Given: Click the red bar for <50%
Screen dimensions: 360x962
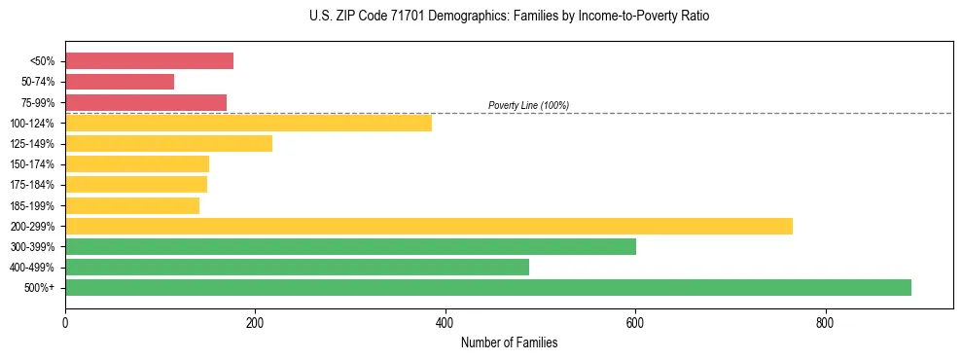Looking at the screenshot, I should (x=149, y=61).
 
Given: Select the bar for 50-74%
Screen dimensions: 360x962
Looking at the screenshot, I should (x=120, y=82).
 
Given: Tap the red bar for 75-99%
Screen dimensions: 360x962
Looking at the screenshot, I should (x=146, y=102).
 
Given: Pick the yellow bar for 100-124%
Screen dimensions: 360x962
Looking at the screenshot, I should (x=248, y=123).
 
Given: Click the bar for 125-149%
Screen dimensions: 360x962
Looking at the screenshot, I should (x=168, y=143).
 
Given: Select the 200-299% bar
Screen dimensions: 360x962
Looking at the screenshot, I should (x=429, y=226).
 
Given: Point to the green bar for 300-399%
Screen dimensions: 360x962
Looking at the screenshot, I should (x=350, y=246).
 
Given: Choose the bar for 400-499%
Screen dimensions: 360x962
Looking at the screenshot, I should (x=297, y=267).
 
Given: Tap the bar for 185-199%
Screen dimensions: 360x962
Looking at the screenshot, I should (x=132, y=205).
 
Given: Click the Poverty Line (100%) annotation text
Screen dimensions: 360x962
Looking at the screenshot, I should (x=528, y=105).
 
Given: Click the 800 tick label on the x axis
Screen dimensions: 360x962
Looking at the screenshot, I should (x=825, y=322).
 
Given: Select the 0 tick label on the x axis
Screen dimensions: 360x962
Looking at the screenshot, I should (x=65, y=322).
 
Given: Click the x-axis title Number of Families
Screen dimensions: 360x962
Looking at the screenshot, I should (x=509, y=342).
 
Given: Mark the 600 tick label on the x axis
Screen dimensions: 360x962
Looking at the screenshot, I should (x=634, y=322).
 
